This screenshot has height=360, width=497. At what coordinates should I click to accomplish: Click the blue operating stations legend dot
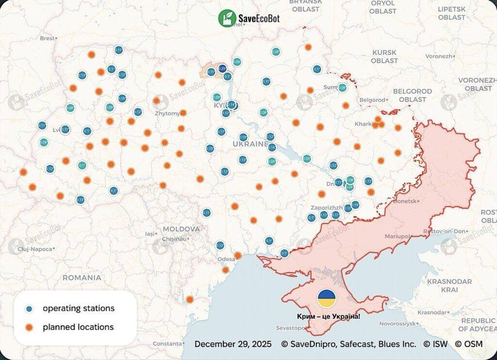30,309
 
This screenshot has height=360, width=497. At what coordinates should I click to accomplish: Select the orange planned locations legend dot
30,327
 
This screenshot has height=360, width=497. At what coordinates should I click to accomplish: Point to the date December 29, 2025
232,344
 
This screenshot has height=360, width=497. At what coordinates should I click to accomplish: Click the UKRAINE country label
250,144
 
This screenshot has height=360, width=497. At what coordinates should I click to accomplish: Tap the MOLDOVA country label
181,229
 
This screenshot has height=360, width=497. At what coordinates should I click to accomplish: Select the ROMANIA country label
82,278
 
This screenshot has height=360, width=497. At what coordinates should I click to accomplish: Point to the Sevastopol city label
291,328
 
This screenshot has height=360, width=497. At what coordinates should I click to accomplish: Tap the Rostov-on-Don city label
445,231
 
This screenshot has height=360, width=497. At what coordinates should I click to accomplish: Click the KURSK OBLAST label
384,56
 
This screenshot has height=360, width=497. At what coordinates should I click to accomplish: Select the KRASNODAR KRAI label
449,285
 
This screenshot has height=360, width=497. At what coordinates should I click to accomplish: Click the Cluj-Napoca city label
33,249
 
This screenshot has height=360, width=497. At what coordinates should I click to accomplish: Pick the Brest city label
48,38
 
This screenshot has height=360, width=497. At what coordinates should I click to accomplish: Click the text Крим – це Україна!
329,316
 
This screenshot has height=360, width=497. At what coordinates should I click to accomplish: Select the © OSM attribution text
469,344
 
